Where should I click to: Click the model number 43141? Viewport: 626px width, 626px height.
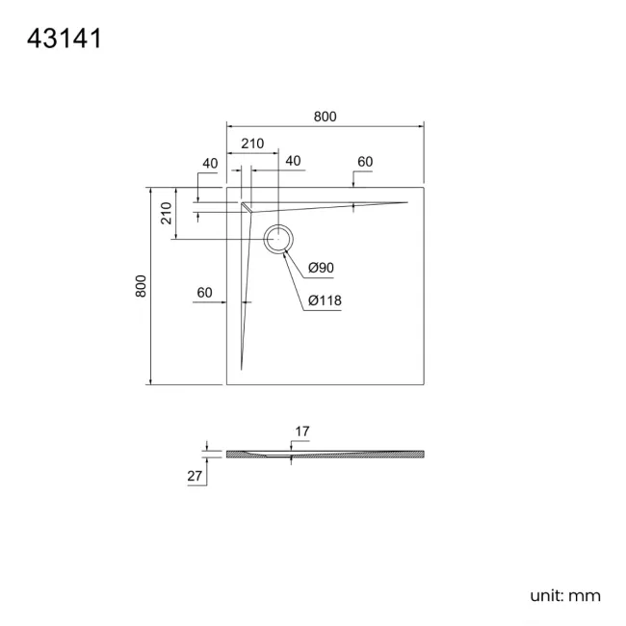(65, 39)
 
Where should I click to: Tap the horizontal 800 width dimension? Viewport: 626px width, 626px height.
(325, 117)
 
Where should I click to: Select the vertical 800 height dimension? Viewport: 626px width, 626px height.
(141, 286)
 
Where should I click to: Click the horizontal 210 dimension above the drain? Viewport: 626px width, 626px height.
(252, 143)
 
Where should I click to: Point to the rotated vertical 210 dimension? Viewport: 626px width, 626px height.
(166, 213)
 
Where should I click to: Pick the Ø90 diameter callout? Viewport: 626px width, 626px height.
(321, 268)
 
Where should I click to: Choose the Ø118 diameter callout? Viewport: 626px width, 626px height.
(325, 300)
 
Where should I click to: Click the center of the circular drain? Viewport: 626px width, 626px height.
(278, 239)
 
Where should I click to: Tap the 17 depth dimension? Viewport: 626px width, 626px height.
(302, 431)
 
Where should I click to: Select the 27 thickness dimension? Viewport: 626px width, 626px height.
(195, 476)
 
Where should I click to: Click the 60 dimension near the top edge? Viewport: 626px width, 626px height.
(365, 162)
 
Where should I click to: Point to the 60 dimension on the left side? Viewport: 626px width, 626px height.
(204, 293)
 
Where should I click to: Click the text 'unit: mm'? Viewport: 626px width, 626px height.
(565, 596)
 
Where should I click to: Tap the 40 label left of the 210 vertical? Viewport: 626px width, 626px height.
(210, 164)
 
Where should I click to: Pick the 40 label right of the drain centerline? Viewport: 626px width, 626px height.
(293, 161)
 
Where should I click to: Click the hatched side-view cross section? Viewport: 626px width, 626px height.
(326, 454)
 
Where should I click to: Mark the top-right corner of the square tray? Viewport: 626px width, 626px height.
(424, 187)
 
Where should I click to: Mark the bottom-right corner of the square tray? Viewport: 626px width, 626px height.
(424, 385)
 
